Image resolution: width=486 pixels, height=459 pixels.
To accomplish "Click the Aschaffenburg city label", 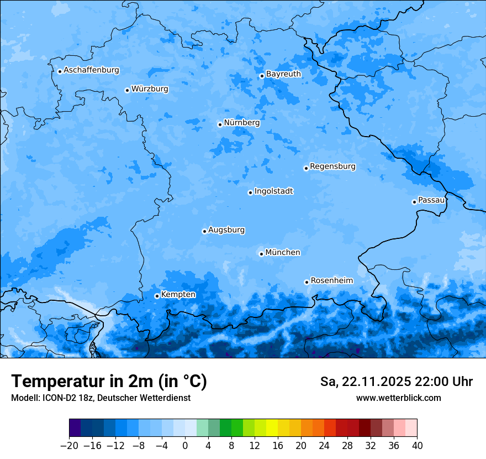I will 91,70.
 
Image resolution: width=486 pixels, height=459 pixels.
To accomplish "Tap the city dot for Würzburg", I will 127,90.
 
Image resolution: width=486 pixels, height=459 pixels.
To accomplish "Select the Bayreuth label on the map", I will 283,74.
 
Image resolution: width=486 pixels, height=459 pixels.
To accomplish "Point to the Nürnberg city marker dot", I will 220,124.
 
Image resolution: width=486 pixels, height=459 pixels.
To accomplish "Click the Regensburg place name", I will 332,166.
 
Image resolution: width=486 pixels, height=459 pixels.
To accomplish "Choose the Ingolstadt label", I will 273,191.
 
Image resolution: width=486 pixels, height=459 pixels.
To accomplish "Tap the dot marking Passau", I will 414,202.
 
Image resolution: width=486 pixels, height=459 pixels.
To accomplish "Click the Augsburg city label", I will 226,230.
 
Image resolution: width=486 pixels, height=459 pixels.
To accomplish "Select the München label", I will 283,253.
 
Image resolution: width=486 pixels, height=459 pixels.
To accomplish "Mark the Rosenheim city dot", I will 307,282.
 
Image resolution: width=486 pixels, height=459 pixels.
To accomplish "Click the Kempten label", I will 178,295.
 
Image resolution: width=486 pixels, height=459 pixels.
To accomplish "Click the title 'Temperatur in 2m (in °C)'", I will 109,382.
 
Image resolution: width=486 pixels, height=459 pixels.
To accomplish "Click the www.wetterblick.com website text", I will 398,398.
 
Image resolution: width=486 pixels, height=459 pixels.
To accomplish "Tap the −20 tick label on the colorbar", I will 69,446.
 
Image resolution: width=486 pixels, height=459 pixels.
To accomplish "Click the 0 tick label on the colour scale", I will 185,446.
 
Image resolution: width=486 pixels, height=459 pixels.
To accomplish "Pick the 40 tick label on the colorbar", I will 417,446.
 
